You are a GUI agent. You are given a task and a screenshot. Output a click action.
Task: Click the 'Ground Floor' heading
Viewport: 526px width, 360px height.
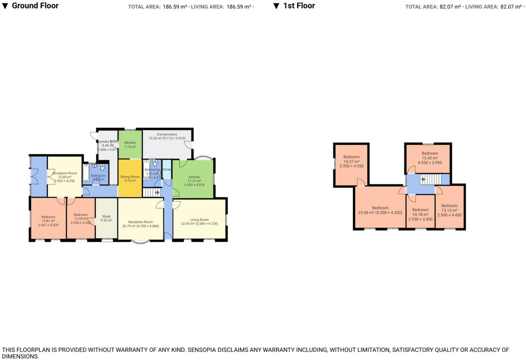coord(35,6)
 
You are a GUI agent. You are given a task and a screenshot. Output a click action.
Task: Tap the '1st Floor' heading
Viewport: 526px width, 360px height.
coord(299,6)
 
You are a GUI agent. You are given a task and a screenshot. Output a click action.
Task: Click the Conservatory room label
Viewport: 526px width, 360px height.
coord(167,134)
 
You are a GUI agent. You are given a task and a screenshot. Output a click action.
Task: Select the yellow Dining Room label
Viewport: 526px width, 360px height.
coord(130,177)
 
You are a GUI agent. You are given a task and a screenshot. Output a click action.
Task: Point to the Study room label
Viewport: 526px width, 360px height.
coord(106,217)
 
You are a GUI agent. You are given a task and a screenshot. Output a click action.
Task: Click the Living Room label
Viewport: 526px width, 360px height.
coord(199,220)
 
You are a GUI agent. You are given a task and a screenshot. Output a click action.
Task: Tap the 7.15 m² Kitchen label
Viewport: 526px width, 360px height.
coord(130,143)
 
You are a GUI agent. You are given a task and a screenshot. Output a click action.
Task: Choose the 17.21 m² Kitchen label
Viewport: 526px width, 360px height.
coord(194,177)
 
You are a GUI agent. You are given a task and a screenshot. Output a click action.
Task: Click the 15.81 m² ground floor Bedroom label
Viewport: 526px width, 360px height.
coord(48,217)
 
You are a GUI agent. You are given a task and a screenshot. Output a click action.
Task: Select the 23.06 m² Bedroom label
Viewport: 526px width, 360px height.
coord(380,208)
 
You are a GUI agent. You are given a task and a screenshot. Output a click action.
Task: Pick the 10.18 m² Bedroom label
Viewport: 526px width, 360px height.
coord(420,210)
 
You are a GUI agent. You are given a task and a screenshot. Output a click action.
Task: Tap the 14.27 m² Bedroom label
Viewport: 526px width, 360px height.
coord(351,157)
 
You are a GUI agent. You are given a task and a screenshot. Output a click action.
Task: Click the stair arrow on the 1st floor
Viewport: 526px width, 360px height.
coord(423,179)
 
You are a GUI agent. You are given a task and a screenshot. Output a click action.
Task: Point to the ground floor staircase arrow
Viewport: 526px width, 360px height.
coord(157,192)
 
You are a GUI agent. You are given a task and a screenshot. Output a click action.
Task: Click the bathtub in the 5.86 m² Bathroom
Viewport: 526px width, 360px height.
coord(86,172)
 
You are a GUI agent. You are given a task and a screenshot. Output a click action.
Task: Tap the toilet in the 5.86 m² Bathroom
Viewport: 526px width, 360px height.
coord(102,167)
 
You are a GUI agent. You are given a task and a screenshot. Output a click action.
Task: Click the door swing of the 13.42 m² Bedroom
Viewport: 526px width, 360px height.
coord(411,170)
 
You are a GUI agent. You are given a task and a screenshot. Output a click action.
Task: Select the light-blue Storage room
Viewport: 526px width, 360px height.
coord(166,169)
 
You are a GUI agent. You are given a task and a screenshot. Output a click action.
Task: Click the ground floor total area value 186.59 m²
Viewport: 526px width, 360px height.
coord(175,7)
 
